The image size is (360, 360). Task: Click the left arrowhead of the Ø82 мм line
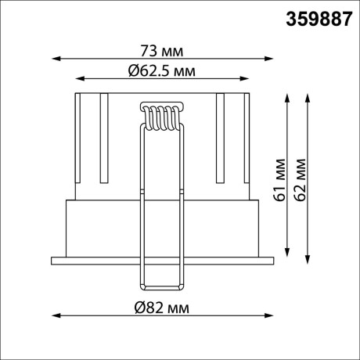[x=55, y=315]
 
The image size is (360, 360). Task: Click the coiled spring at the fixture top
[x=162, y=117]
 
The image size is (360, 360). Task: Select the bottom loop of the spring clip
[x=162, y=287]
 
